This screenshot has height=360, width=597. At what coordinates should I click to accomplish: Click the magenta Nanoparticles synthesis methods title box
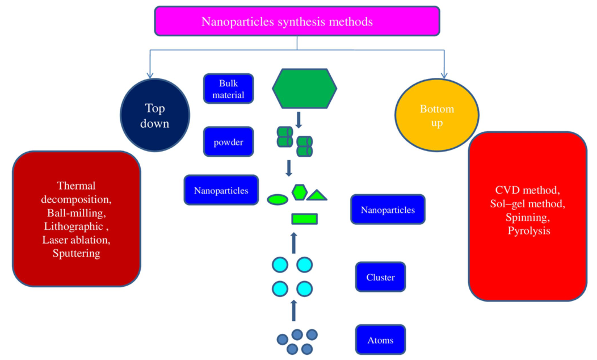[x=297, y=22]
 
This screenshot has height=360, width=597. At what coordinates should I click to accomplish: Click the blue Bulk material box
[x=228, y=90]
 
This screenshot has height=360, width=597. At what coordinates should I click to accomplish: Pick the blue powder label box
[x=228, y=142]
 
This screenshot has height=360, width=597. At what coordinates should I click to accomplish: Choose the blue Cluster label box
[x=380, y=278]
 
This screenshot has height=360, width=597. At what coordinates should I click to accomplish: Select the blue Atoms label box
[x=380, y=340]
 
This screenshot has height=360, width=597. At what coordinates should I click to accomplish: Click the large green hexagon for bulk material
[x=305, y=89]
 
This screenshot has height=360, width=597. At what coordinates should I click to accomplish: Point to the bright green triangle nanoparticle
[x=317, y=196]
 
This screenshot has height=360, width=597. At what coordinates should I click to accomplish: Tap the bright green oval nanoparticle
[x=278, y=199]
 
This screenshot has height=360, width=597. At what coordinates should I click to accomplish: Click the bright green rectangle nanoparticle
[x=304, y=219]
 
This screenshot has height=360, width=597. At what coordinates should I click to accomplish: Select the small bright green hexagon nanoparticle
[x=299, y=192]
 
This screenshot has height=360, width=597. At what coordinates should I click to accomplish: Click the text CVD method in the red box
[x=528, y=190]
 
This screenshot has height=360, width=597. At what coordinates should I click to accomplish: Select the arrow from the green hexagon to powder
[x=298, y=120]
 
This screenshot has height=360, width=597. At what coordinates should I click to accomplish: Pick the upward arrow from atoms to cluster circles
[x=293, y=311]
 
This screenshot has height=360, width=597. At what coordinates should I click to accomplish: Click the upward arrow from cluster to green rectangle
[x=293, y=242]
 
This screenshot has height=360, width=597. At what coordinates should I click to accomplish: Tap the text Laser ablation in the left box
[x=77, y=240]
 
